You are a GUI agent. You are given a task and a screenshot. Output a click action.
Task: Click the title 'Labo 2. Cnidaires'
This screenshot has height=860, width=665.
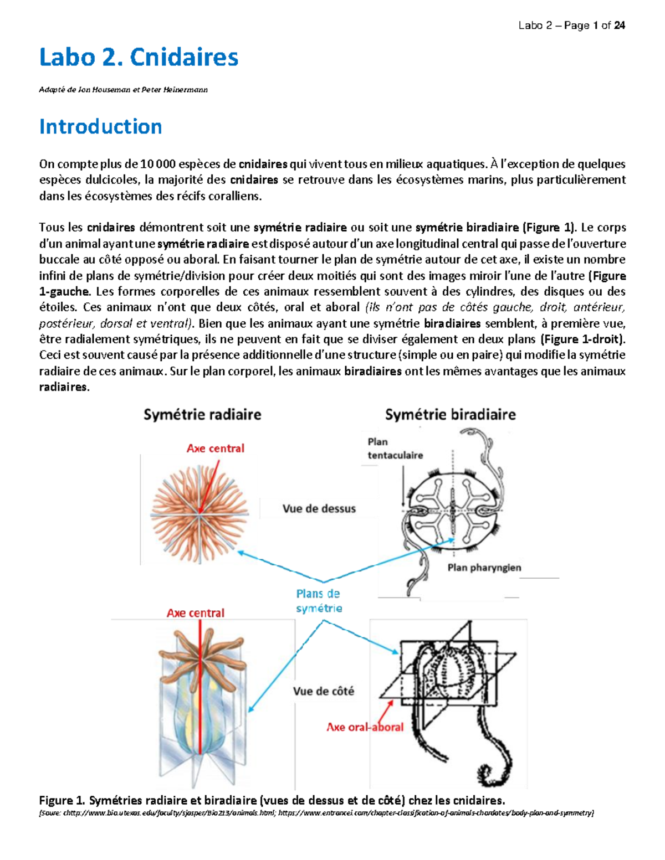[139, 58]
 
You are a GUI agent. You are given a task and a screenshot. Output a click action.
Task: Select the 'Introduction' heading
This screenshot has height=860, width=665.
[100, 127]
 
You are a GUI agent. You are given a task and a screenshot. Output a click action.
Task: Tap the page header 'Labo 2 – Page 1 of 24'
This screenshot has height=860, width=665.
[571, 25]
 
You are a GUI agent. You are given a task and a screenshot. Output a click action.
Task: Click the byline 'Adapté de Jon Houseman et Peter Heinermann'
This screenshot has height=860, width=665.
[123, 90]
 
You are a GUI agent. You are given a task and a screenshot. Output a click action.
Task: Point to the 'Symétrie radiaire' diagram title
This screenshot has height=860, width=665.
[202, 415]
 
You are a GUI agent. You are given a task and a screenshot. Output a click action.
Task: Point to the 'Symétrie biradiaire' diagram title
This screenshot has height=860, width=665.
[450, 415]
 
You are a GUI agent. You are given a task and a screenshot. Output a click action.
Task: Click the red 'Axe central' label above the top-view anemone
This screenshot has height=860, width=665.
[215, 449]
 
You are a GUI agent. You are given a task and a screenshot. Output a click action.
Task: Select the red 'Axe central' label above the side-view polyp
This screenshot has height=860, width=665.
[195, 613]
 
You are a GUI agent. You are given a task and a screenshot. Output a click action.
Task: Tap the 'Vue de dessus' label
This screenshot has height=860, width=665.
[319, 509]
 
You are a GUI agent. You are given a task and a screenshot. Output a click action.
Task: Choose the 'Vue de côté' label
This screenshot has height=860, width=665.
[323, 691]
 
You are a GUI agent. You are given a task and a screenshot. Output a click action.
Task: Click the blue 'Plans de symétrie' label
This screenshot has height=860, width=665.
[319, 601]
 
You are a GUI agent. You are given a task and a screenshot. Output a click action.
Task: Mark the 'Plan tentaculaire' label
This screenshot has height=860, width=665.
[395, 449]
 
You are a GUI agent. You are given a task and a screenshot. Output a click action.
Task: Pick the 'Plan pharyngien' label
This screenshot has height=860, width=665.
[484, 568]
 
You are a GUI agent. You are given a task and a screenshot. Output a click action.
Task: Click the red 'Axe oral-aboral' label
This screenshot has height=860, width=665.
[365, 727]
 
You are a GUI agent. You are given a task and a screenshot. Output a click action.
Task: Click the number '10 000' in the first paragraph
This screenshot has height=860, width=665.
[158, 164]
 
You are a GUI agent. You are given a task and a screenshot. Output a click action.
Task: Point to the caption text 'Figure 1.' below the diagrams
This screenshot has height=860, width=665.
[62, 801]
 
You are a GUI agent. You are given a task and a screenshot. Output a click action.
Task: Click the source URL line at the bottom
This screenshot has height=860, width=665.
[316, 813]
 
